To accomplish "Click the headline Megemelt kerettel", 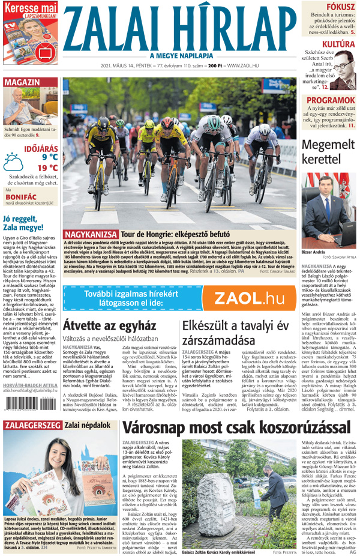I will (329, 153).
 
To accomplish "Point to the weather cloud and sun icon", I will (13, 162).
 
